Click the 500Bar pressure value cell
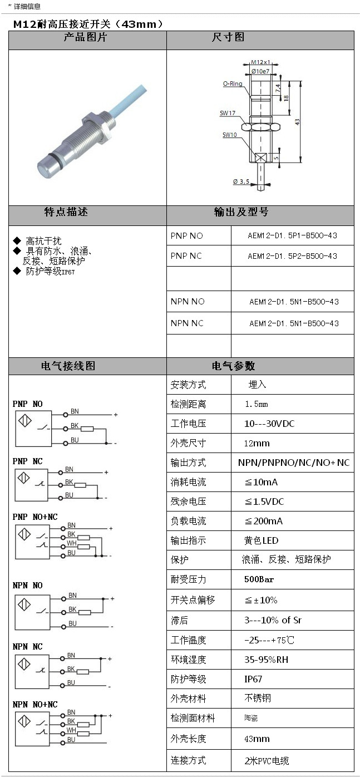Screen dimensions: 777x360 click(259, 579)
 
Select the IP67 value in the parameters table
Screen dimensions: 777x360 click(253, 679)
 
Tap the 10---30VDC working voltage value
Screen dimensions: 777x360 click(269, 424)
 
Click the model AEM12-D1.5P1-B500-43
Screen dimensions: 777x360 click(292, 235)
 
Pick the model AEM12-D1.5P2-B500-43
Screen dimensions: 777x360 click(292, 256)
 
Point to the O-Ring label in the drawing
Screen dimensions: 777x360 click(233, 83)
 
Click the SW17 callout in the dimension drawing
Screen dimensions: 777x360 click(228, 113)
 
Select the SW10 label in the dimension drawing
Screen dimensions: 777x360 click(230, 135)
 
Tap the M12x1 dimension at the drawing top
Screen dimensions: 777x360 click(260, 62)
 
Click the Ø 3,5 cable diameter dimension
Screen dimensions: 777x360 click(241, 181)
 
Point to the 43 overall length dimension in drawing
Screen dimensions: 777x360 click(298, 121)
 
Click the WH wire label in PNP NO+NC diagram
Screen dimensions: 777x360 click(71, 543)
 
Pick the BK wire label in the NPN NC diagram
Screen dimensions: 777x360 click(71, 668)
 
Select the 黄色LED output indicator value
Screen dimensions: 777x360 click(262, 540)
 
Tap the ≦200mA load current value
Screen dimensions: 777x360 click(264, 521)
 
